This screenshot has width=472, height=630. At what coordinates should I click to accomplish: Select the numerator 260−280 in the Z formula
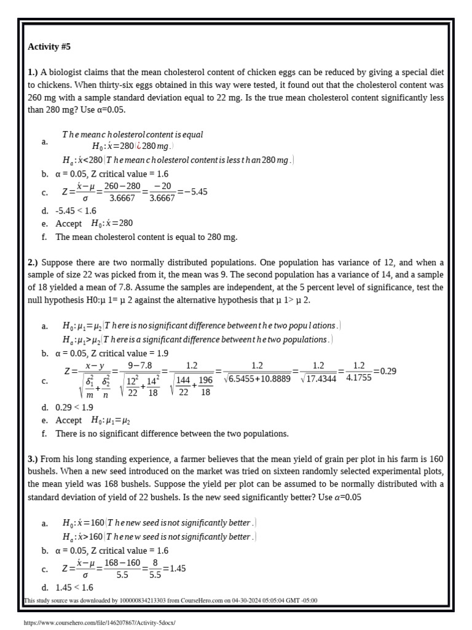[122, 186]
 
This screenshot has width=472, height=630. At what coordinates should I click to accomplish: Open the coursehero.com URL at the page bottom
[99, 623]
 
